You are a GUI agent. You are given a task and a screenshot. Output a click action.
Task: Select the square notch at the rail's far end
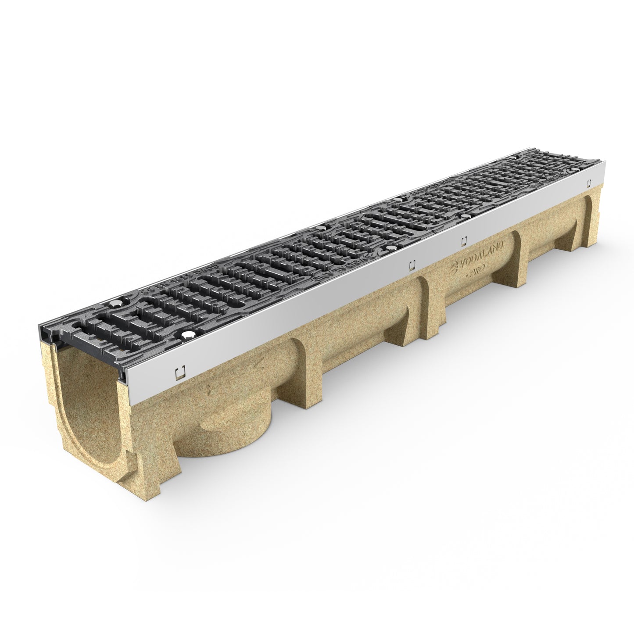coord(589,185)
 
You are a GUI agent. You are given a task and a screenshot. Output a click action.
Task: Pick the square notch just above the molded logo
coord(464,240)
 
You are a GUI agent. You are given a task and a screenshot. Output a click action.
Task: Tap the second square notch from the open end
coord(412,265)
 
